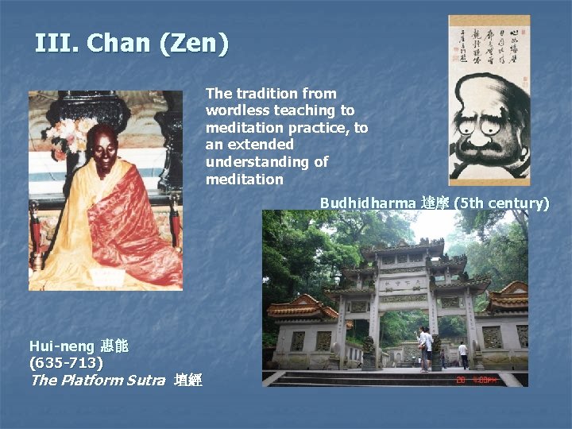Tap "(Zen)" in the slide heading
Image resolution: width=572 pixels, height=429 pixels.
194,43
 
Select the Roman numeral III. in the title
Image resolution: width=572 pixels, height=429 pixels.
56,43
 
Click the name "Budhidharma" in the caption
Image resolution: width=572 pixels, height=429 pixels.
368,203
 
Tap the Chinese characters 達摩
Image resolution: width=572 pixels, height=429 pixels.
435,203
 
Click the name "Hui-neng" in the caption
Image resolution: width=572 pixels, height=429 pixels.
63,346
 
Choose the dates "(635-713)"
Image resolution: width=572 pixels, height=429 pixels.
66,363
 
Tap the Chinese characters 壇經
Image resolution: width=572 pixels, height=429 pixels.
188,381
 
